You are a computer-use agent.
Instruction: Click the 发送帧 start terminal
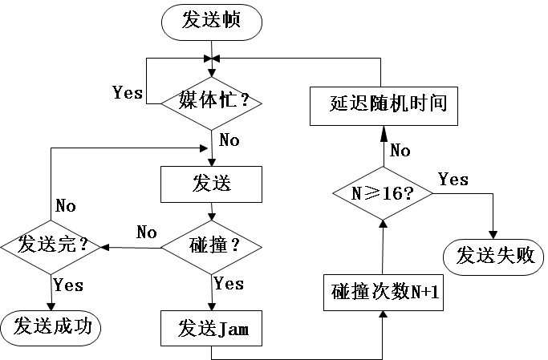coord(211,21)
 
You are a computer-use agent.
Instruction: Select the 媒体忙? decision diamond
coord(211,102)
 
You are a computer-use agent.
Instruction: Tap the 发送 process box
coord(211,184)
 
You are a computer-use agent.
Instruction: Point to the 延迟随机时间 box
coord(383,104)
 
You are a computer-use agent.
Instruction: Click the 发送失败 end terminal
coord(493,257)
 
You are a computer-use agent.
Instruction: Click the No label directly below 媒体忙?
coord(229,141)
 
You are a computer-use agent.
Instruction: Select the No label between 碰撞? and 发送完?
coord(147,233)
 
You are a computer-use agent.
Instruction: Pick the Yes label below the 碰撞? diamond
coord(229,284)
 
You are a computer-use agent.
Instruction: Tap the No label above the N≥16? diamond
coord(400,150)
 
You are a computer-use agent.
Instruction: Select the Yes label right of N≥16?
coord(453,180)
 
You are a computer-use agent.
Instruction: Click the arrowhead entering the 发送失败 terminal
coord(493,233)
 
